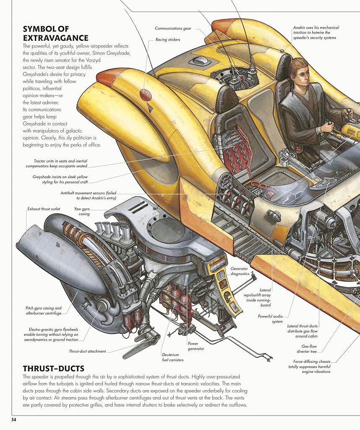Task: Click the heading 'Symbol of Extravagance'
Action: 56,34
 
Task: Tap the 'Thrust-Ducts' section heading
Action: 53,368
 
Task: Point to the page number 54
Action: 14,420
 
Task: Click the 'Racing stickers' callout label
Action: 168,40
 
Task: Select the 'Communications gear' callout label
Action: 173,28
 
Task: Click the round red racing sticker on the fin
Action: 145,94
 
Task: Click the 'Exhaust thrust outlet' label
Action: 44,209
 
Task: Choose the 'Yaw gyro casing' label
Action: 82,212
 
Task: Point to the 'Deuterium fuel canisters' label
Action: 172,357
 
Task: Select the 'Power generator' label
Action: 196,346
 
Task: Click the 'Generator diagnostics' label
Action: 240,271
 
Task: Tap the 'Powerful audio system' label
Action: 270,319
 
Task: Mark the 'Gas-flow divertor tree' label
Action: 307,349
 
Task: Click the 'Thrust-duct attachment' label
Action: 87,351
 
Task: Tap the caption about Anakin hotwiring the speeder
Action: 316,33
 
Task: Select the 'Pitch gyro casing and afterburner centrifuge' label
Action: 44,311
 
